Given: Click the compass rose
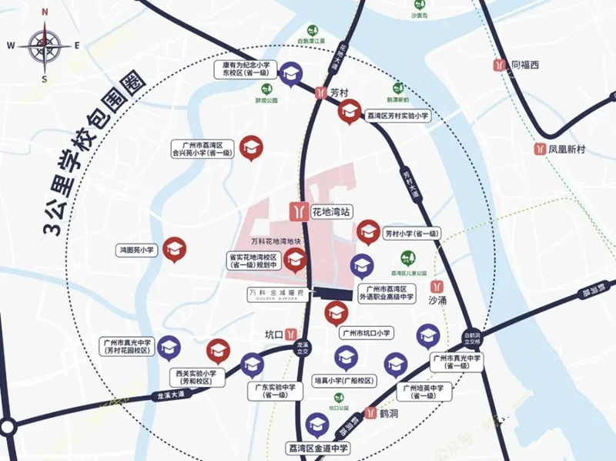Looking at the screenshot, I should [45, 45].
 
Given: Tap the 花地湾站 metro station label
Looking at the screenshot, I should [332, 210].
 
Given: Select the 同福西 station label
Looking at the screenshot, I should [527, 65].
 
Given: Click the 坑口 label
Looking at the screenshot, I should [275, 335].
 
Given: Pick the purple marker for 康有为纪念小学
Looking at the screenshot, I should [290, 74].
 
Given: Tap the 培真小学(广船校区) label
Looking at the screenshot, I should [344, 381].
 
